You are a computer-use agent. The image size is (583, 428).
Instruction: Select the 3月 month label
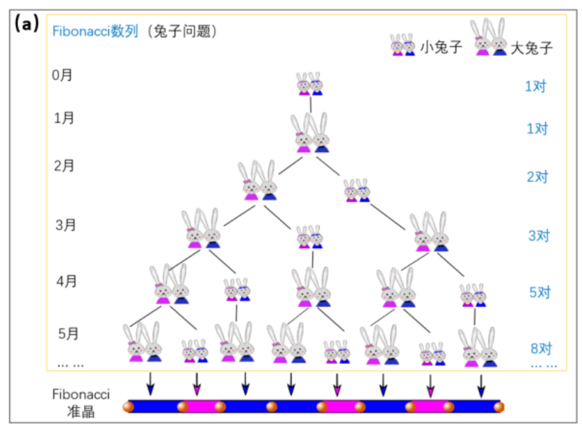pos(66,225)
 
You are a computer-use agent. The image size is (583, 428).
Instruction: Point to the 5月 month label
pos(68,333)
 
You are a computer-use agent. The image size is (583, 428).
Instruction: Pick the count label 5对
pos(540,292)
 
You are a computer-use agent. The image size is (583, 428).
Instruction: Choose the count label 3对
pos(540,235)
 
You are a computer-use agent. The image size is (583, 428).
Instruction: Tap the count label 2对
pos(537,177)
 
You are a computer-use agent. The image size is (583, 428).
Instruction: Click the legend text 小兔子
pos(442,48)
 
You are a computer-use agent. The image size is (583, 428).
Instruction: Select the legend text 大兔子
pos(532,48)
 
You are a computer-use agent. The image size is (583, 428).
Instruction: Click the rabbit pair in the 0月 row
pos(309,83)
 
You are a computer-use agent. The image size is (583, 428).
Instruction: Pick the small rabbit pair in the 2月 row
pos(357,190)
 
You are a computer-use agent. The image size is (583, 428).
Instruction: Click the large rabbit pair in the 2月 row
pos(258,181)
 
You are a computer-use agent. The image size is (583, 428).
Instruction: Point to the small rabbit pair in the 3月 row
pos(310,237)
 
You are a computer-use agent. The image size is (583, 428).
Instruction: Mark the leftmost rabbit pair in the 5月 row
pos(143,345)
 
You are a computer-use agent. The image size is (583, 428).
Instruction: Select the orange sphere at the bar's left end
pos(128,407)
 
